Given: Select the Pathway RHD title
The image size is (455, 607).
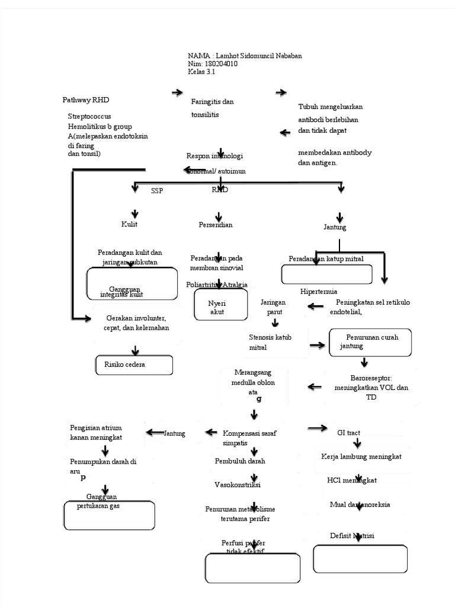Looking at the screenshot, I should point(86,100).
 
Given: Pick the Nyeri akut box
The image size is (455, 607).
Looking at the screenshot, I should point(217,307).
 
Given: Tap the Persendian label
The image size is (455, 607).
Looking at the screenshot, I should point(216,225).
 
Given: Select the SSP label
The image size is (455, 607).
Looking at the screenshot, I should point(157,191).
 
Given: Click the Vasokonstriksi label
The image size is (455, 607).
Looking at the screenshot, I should point(237,485).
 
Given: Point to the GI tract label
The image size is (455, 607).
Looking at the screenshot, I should point(348,433).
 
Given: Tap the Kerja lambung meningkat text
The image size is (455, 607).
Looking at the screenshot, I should point(361,457).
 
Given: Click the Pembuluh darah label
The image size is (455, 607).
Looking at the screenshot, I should point(240,461).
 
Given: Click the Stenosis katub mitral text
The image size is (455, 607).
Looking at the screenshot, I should point(270,343).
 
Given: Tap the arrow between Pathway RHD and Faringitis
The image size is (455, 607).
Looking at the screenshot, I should point(177,93).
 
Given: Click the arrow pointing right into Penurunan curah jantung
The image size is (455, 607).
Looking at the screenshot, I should point(319,344).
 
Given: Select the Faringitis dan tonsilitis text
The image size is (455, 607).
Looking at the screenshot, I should point(212,108).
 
